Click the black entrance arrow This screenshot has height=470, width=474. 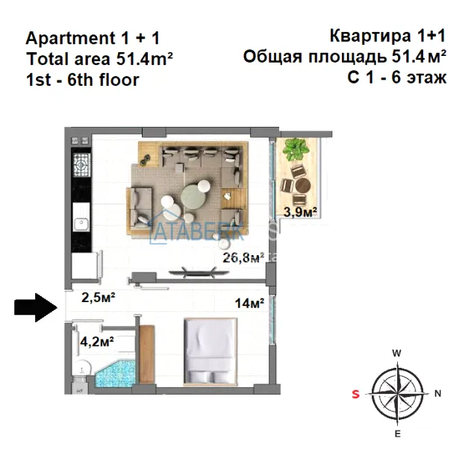pyautogui.click(x=36, y=307)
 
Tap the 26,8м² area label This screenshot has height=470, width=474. pyautogui.click(x=241, y=257)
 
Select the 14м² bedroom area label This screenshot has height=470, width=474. pyautogui.click(x=250, y=303)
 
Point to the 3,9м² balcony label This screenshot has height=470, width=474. pyautogui.click(x=300, y=212)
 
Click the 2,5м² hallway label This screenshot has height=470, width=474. pyautogui.click(x=99, y=298)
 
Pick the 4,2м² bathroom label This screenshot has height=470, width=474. pyautogui.click(x=97, y=342)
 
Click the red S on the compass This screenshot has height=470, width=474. pyautogui.click(x=356, y=394)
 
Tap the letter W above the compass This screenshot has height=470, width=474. pyautogui.click(x=396, y=353)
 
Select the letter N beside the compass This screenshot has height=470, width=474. pyautogui.click(x=437, y=393)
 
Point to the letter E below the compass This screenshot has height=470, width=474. pyautogui.click(x=398, y=433)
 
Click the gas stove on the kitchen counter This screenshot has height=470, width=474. pyautogui.click(x=81, y=165)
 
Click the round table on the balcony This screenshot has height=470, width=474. pyautogui.click(x=304, y=185)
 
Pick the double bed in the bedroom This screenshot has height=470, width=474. pyautogui.click(x=211, y=351)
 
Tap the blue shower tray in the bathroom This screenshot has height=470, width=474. pyautogui.click(x=115, y=373)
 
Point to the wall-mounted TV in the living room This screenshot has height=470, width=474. pyautogui.click(x=199, y=272)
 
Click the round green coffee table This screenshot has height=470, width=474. pyautogui.click(x=193, y=196)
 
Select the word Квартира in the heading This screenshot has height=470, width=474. pyautogui.click(x=370, y=36)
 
